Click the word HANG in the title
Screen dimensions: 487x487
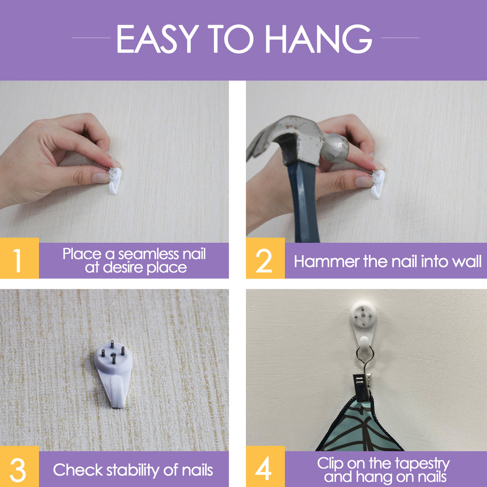point(319,39)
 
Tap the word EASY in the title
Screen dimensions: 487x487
point(157,39)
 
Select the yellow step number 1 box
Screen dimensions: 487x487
point(19,258)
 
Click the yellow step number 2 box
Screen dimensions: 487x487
point(265,258)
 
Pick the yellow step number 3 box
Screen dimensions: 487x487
point(19,467)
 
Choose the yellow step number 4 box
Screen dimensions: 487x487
point(265,467)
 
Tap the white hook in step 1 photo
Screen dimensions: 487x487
point(115,180)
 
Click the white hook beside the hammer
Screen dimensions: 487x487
point(378,184)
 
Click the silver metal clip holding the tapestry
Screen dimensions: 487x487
point(362,385)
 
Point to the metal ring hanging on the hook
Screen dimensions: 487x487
point(365,354)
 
